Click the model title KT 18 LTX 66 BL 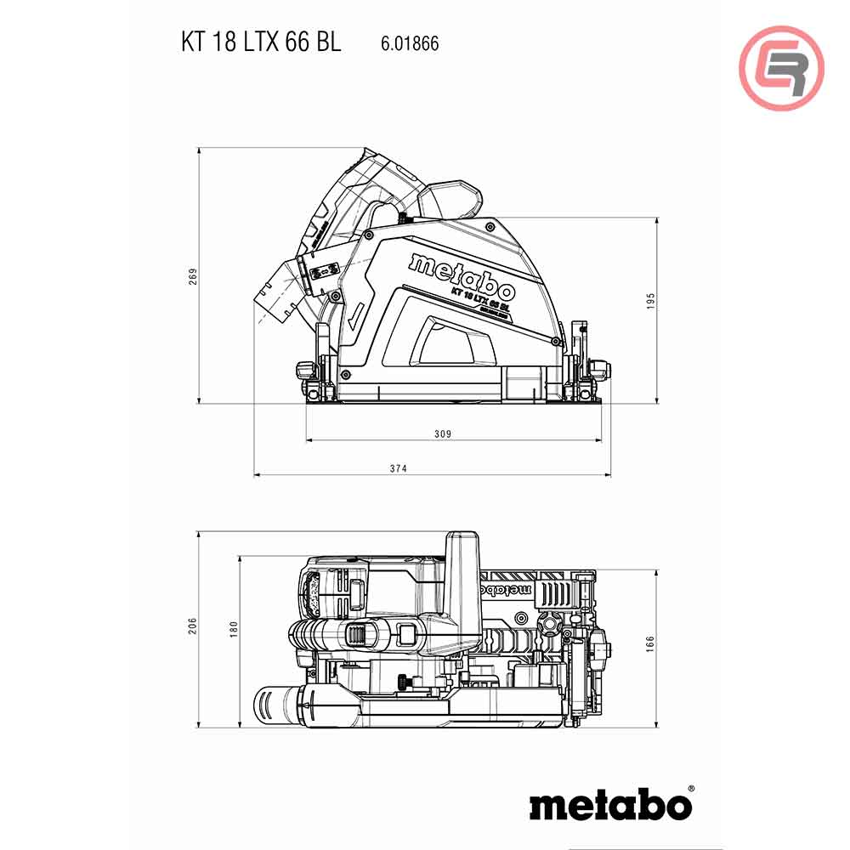[261, 42]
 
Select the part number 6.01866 [405, 43]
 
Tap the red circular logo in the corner [781, 68]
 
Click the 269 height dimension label [193, 276]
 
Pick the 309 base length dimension [442, 433]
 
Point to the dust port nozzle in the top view [276, 704]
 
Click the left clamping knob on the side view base [304, 370]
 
